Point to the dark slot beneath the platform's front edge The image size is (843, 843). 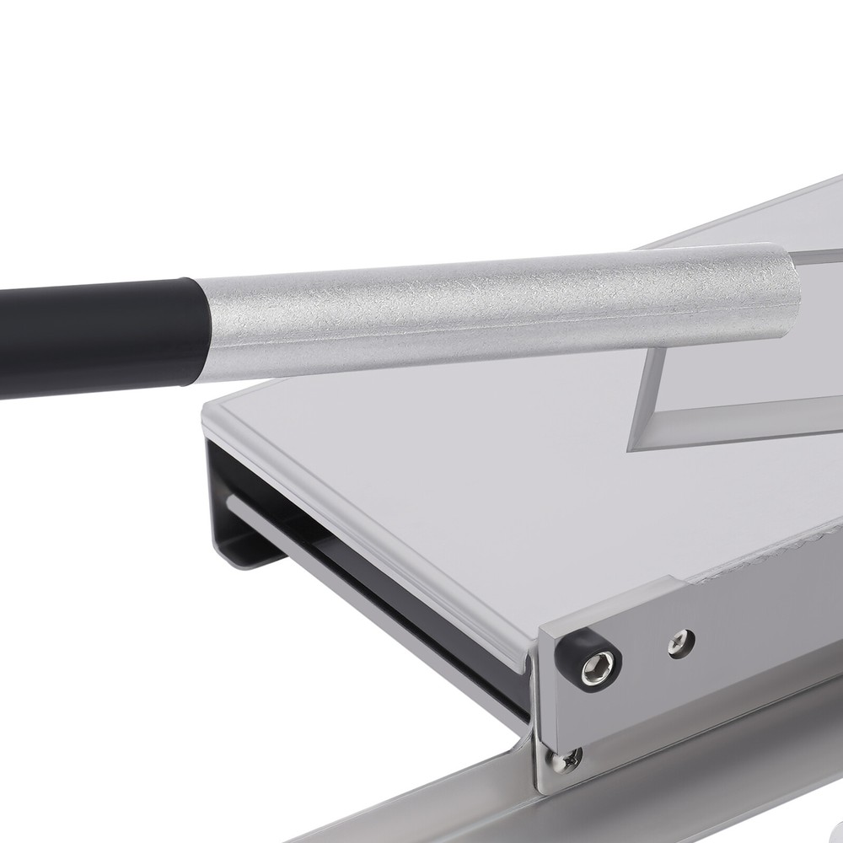pos(379,590)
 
